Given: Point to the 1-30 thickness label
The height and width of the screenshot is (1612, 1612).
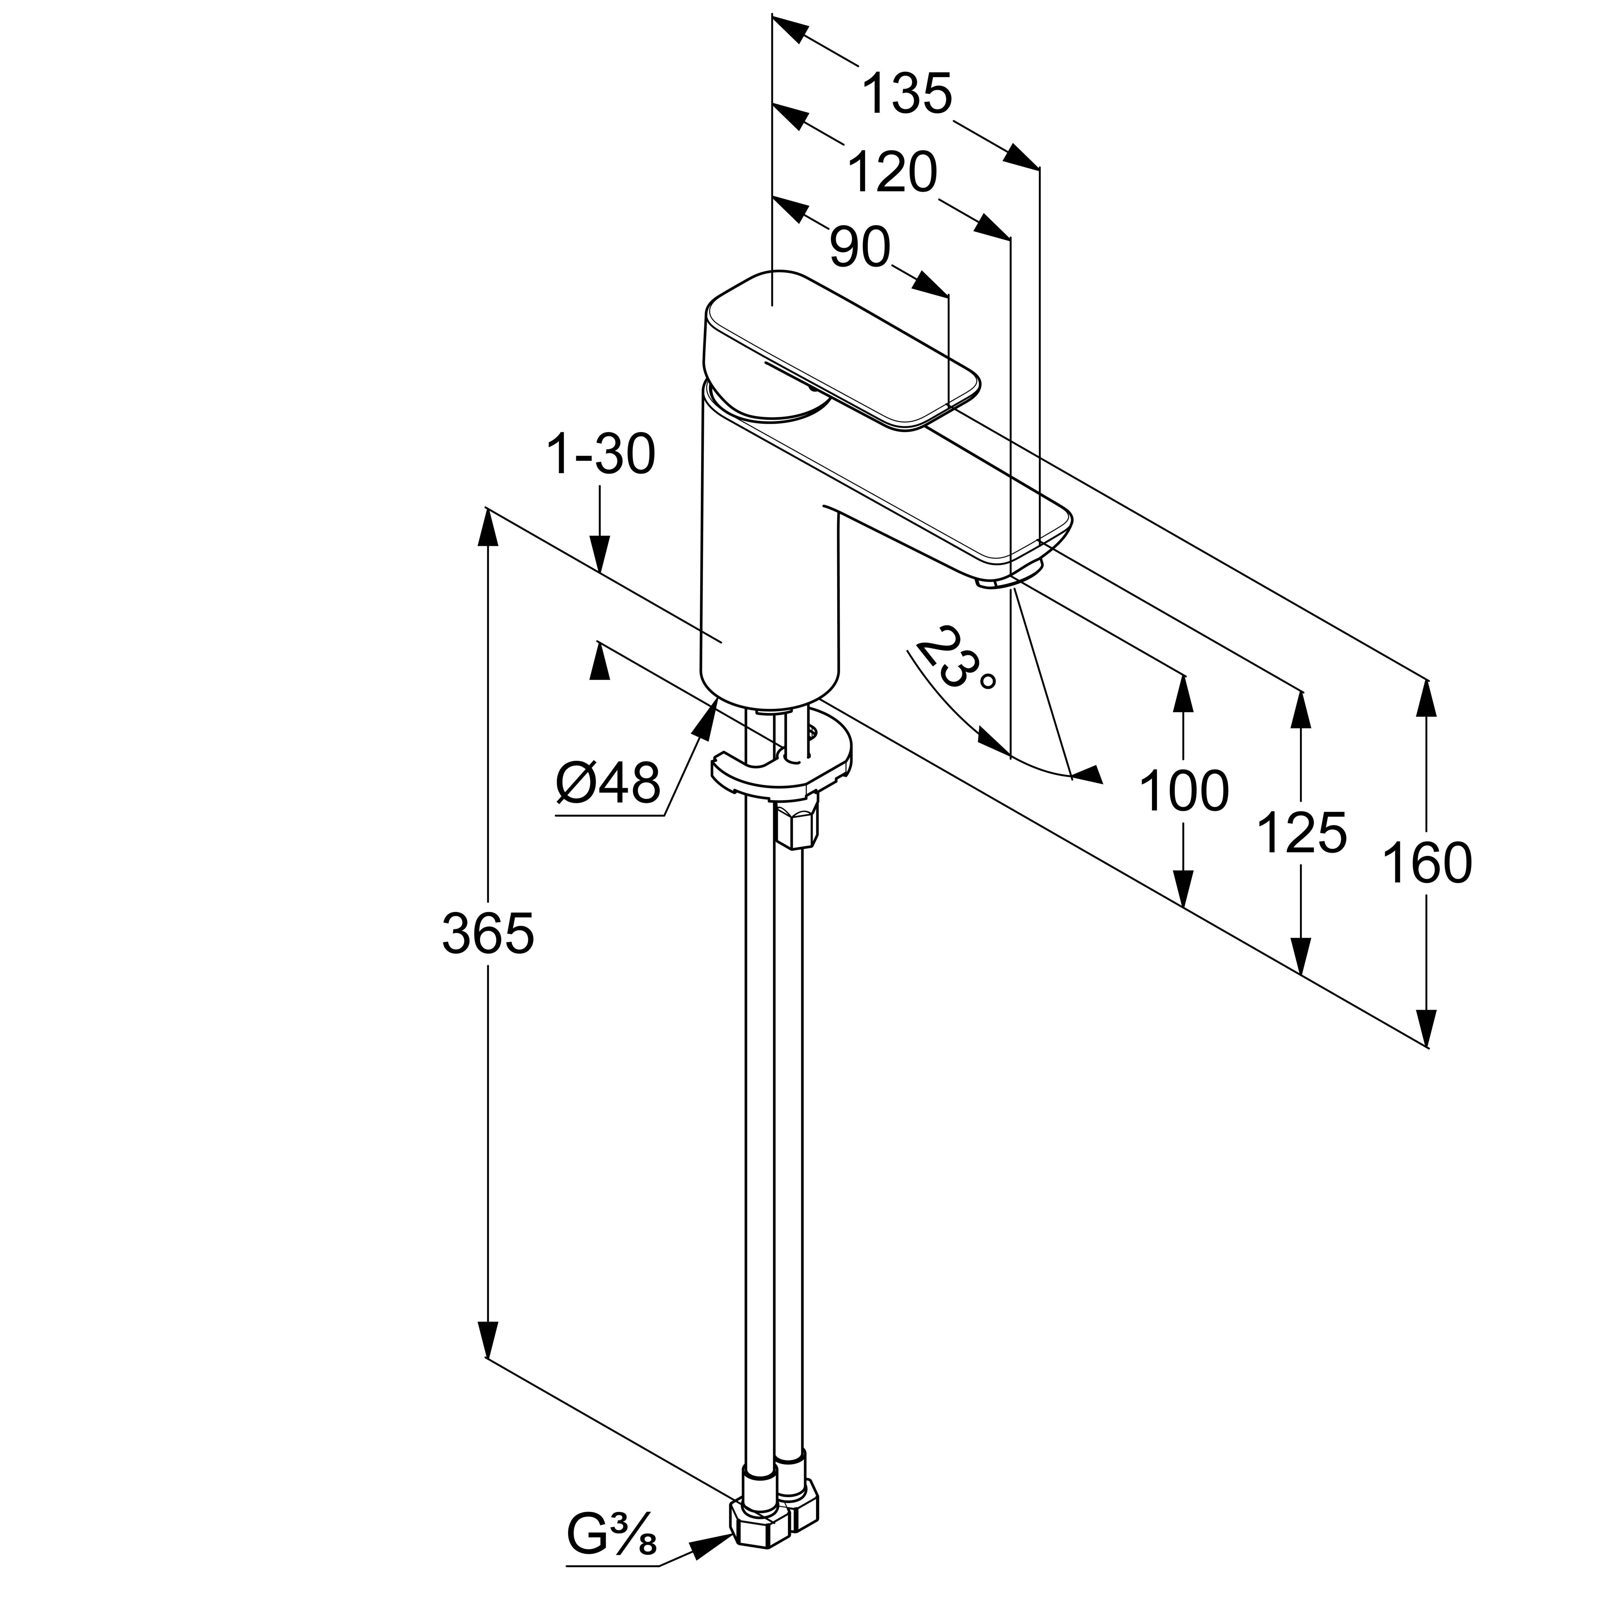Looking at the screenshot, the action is (x=600, y=456).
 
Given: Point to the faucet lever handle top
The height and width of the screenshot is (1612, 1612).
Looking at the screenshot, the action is (x=843, y=350).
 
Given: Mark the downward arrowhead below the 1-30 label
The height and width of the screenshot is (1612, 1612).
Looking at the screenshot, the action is (x=600, y=554).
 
